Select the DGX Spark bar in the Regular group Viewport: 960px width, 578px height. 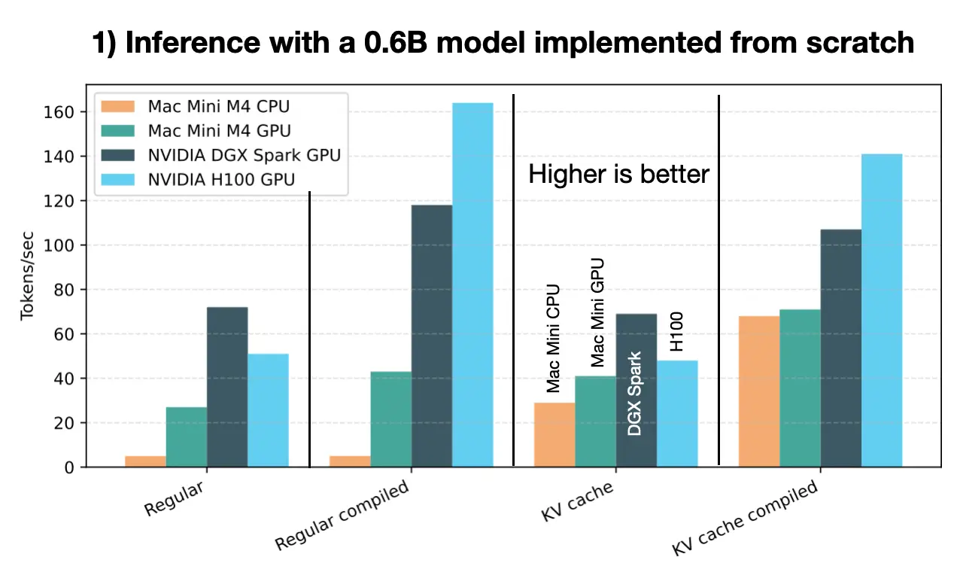tap(227, 387)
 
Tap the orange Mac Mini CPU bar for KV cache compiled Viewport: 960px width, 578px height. tap(759, 391)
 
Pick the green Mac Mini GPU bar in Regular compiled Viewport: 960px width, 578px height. tap(390, 419)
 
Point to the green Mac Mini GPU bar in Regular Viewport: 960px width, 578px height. tap(186, 437)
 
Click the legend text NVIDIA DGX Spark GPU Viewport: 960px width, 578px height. tap(244, 155)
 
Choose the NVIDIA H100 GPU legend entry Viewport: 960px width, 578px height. tap(222, 180)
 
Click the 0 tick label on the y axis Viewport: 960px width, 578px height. tap(69, 467)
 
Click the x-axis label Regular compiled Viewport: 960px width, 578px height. tap(342, 516)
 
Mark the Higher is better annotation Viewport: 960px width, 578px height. tap(618, 175)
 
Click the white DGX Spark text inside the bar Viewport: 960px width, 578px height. tap(635, 394)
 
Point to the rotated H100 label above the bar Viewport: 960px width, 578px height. tap(676, 331)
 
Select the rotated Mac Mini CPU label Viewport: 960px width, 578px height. tap(554, 339)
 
